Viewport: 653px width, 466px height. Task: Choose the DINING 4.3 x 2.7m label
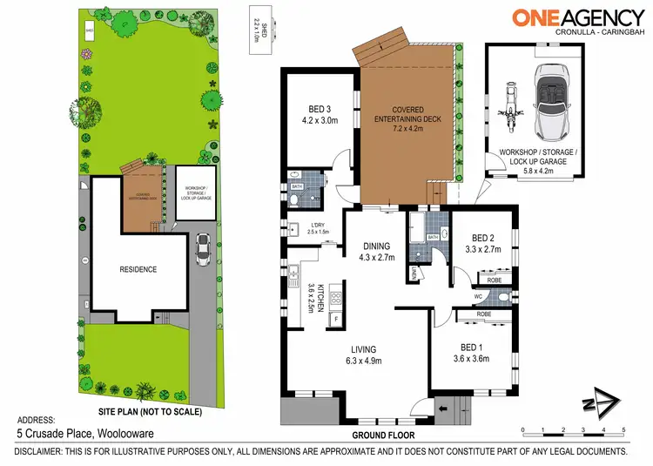(x=377, y=251)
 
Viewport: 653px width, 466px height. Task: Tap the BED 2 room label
(x=483, y=243)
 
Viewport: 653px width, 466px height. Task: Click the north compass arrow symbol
(x=602, y=402)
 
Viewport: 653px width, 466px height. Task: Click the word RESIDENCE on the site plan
(x=138, y=269)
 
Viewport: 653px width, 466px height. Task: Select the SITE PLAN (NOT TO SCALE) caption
(x=151, y=410)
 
